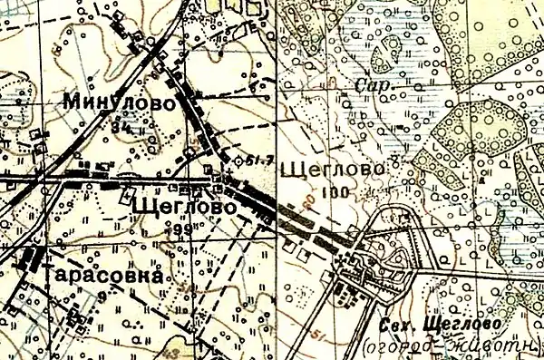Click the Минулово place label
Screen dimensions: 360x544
pyautogui.click(x=119, y=102)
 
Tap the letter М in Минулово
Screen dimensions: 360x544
pyautogui.click(x=73, y=102)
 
